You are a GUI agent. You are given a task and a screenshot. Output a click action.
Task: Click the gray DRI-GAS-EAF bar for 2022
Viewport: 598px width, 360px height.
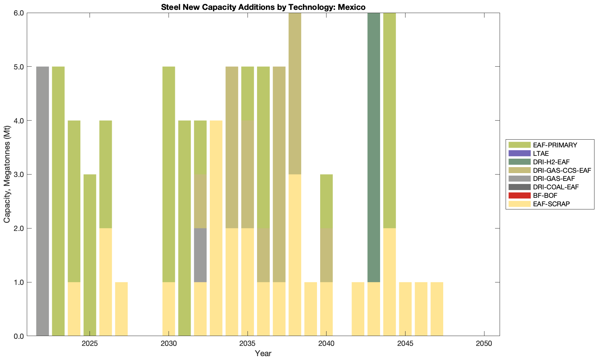click(x=43, y=201)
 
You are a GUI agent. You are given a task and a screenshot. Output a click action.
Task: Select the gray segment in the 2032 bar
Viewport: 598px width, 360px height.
click(x=200, y=255)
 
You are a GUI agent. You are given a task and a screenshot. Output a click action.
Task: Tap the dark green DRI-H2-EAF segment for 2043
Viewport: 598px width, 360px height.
click(x=374, y=147)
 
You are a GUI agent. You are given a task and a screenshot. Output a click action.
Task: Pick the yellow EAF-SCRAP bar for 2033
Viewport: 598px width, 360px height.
click(x=216, y=228)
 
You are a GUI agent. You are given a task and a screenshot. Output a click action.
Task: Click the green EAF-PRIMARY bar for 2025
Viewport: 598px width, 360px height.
click(x=90, y=255)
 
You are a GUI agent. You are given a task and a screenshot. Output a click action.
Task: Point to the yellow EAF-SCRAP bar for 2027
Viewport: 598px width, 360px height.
click(x=121, y=309)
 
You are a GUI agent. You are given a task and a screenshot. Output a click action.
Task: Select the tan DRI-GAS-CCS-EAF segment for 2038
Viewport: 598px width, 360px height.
click(x=295, y=93)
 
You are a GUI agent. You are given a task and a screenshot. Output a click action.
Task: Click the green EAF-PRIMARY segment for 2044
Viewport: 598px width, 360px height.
click(x=389, y=120)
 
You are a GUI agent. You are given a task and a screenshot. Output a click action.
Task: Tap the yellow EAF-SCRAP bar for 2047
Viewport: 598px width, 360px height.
click(x=437, y=309)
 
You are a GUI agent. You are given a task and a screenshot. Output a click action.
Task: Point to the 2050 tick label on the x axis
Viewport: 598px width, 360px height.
click(x=484, y=344)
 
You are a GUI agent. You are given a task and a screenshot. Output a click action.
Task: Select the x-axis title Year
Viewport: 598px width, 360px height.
click(x=263, y=353)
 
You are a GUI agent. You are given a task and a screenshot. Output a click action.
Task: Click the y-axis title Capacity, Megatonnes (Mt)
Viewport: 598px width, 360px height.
click(x=7, y=175)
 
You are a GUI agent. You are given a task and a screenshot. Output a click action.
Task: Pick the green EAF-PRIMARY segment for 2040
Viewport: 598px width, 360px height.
click(x=327, y=201)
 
